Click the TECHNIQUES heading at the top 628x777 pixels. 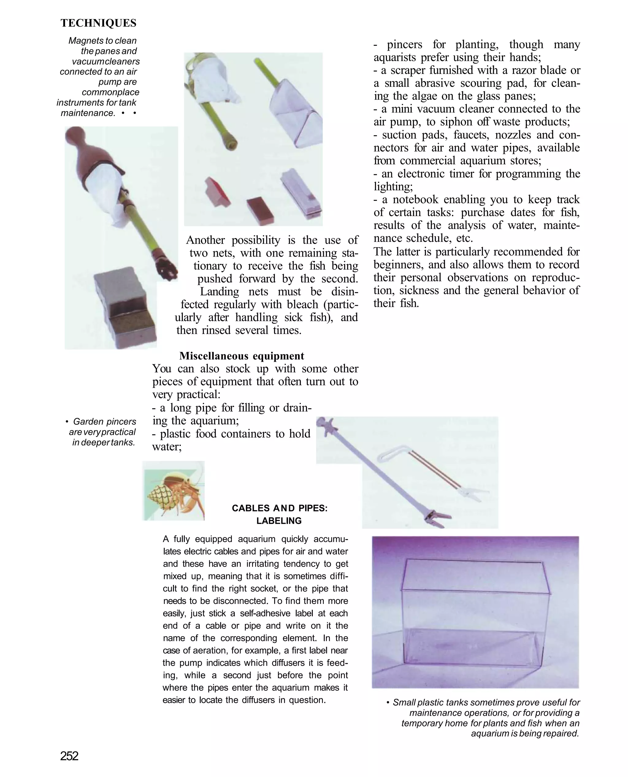98,23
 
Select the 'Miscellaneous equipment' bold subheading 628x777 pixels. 242,356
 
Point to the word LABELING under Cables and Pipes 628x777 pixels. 279,521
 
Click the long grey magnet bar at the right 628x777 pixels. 301,194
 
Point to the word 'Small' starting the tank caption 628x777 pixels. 404,702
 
